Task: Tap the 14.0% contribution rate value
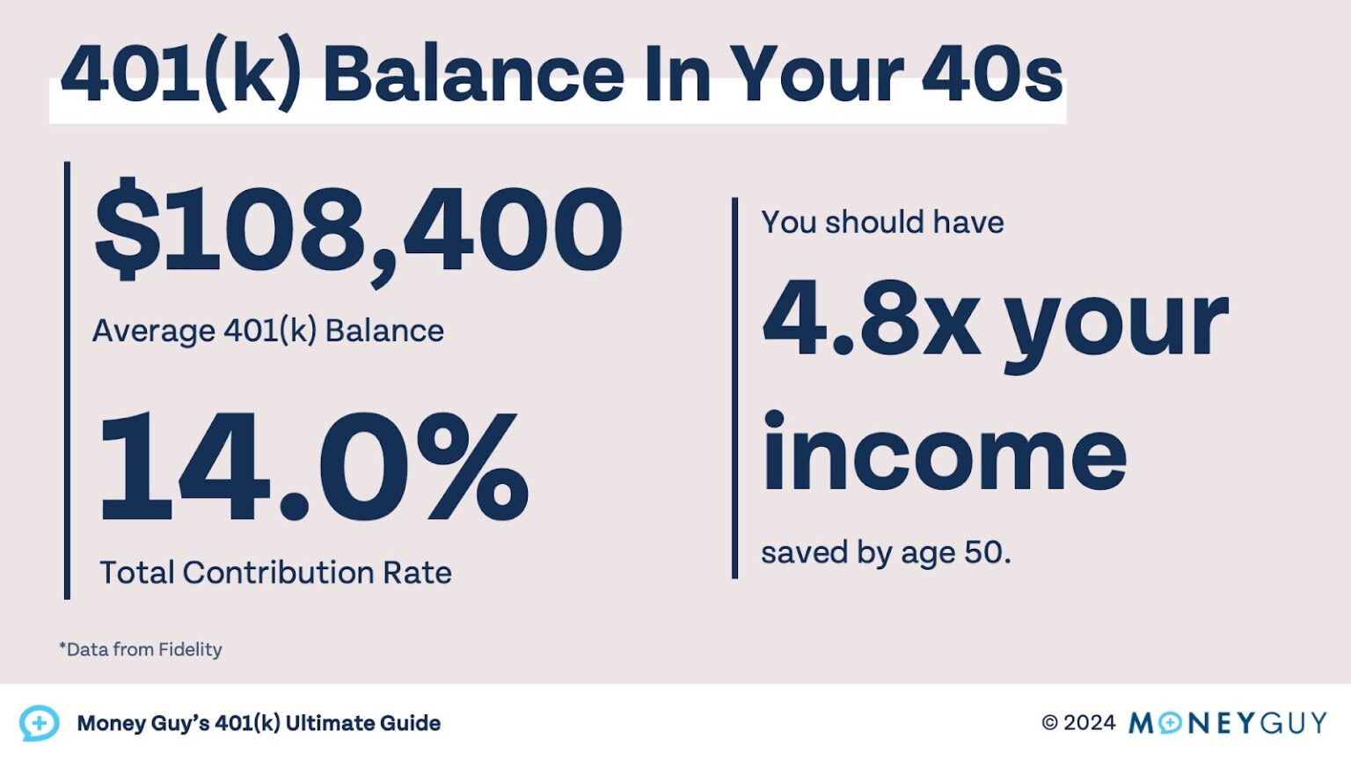[x=313, y=469]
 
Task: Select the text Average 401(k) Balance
[x=268, y=332]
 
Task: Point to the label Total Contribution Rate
[x=275, y=573]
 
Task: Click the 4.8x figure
[x=871, y=318]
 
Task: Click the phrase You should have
[x=882, y=223]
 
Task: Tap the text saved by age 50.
[x=886, y=553]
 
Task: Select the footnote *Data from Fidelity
[x=141, y=650]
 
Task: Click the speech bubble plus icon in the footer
[x=39, y=723]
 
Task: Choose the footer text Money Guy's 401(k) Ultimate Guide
[x=259, y=724]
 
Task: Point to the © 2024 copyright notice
[x=1077, y=723]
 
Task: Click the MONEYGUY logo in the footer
[x=1228, y=723]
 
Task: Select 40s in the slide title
[x=991, y=75]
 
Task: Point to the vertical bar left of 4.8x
[x=734, y=388]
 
